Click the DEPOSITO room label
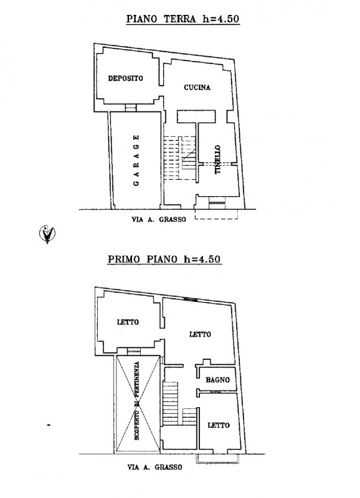tap(126, 78)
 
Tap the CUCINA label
tap(197, 87)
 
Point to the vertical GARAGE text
tap(136, 161)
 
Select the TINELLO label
tap(217, 159)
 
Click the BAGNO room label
tap(217, 380)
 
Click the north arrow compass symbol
tap(47, 233)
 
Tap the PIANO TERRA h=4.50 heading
tap(182, 19)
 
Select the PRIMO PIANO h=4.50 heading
tap(164, 259)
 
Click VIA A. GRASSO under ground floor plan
tap(159, 219)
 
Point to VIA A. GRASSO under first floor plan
tap(154, 467)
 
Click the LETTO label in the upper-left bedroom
tap(128, 322)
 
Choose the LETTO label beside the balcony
tap(219, 425)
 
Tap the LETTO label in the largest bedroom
tap(200, 334)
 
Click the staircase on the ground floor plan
tap(179, 158)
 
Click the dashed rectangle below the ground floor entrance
tap(216, 214)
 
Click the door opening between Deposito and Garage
tap(130, 108)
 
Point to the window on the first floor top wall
tap(191, 299)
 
